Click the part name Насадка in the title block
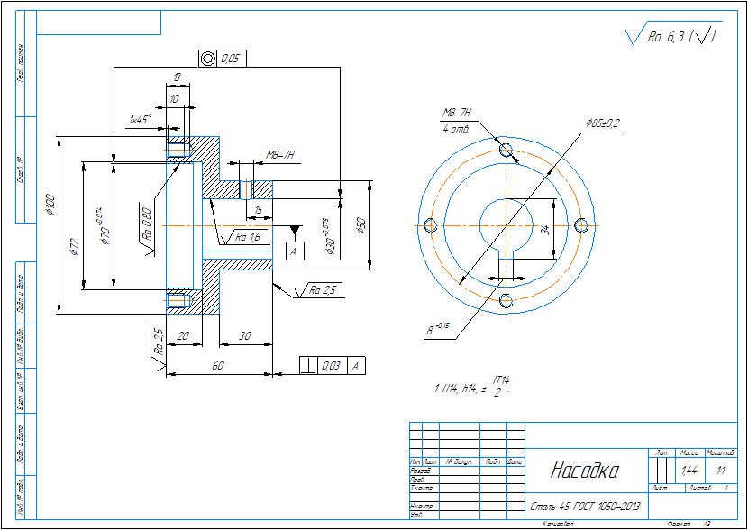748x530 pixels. (x=584, y=471)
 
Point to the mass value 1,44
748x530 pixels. (x=689, y=471)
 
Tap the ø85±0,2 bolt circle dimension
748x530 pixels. (x=603, y=122)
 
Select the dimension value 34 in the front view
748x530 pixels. (x=545, y=231)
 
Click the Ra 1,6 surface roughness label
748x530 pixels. (x=248, y=237)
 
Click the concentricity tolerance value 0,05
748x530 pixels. (x=230, y=59)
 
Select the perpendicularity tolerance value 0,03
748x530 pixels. (x=332, y=365)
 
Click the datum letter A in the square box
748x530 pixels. (x=293, y=251)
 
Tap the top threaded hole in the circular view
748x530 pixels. (x=506, y=148)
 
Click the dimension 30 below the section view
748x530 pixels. (x=244, y=335)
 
